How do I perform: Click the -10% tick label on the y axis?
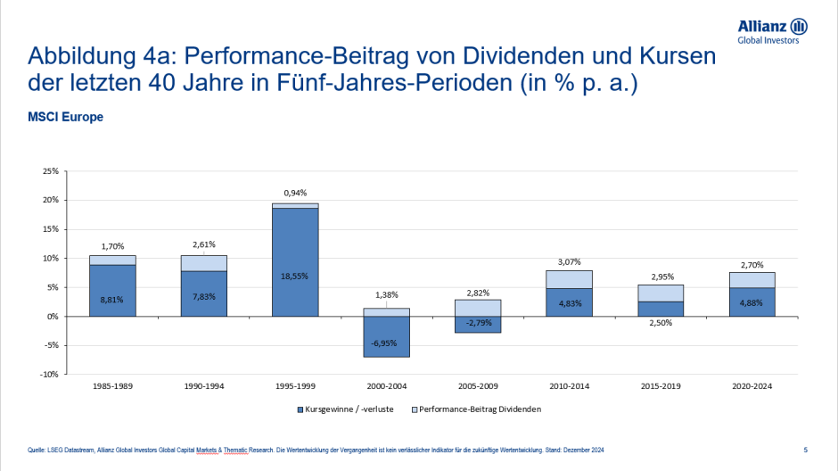tap(50, 375)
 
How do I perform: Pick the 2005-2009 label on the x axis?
tap(478, 386)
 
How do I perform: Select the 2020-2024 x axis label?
tap(752, 386)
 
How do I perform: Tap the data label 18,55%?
tap(295, 276)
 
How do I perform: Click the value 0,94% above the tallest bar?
tap(295, 193)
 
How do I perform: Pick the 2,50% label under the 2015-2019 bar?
tap(661, 325)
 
